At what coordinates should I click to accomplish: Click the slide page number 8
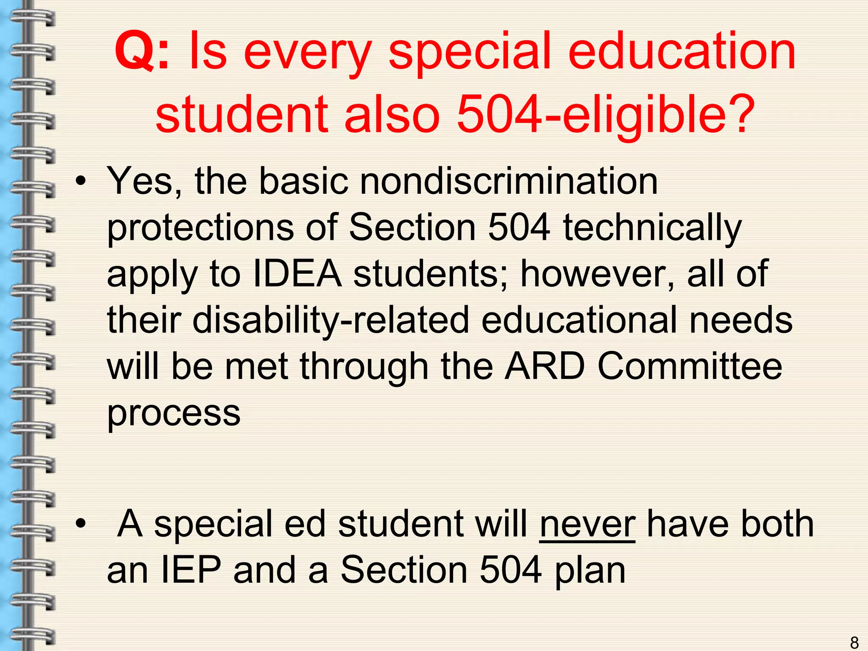(854, 642)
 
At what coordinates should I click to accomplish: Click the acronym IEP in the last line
(192, 570)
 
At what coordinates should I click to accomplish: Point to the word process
(174, 414)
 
